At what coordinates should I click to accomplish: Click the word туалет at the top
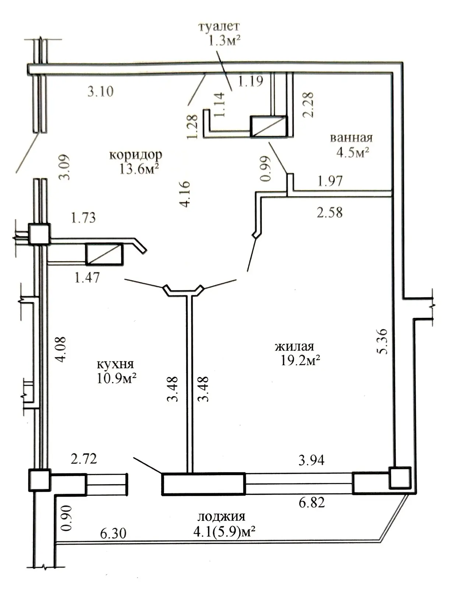219,27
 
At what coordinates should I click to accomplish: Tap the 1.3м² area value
224,40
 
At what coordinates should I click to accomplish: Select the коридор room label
135,154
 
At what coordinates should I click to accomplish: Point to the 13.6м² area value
139,169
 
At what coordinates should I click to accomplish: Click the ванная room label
351,138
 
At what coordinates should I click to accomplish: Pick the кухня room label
115,364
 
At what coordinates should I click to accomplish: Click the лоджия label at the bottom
221,516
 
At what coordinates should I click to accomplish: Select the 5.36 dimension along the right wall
382,341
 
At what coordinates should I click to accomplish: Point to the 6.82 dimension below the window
312,502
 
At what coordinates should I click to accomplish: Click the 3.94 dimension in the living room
311,460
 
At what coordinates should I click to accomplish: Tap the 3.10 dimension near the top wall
100,91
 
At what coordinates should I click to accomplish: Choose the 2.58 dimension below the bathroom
330,212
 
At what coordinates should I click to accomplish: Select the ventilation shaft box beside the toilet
268,127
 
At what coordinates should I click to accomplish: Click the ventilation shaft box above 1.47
104,254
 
